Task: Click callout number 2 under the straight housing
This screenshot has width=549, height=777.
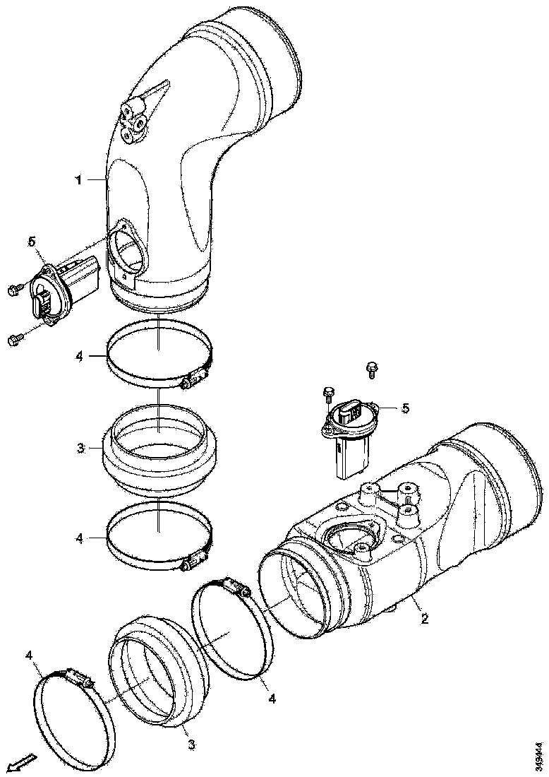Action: pyautogui.click(x=424, y=619)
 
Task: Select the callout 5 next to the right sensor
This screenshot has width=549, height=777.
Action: pyautogui.click(x=404, y=408)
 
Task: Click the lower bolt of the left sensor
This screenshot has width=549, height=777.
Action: pyautogui.click(x=15, y=340)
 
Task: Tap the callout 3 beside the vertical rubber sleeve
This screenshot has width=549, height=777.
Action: pyautogui.click(x=81, y=448)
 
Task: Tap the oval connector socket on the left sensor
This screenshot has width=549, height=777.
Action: pyautogui.click(x=42, y=301)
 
